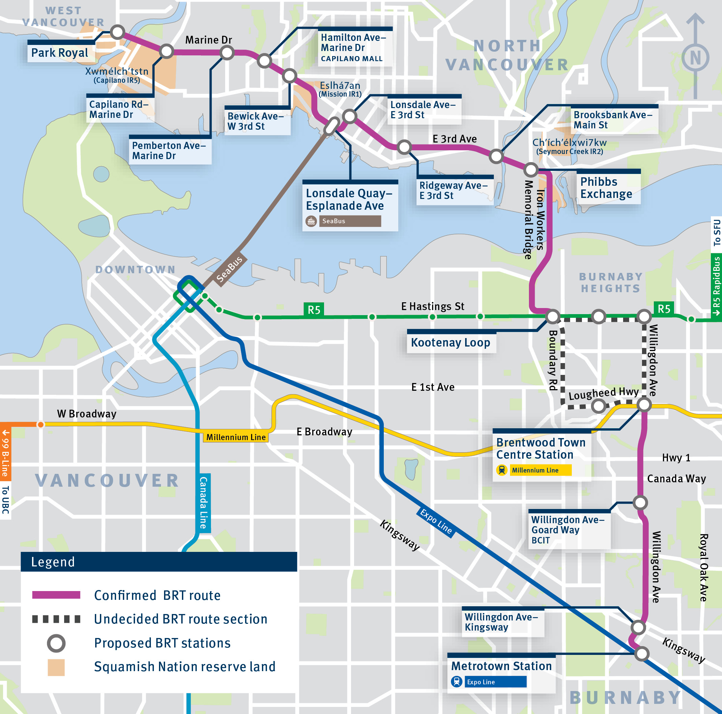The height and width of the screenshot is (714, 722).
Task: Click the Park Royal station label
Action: pos(60,53)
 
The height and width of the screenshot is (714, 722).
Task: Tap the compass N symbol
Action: pos(695,58)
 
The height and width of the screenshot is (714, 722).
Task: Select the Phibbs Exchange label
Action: pos(606,188)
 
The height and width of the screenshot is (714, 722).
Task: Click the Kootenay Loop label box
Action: pos(451,342)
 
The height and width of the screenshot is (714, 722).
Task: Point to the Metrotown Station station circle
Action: pos(642,654)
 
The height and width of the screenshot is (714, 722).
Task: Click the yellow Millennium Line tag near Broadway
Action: pos(236,437)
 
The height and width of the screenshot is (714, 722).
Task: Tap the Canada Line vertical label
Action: pos(203,503)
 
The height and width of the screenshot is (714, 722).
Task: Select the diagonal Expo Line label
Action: pos(436,521)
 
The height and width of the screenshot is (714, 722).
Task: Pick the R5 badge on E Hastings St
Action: pos(314,310)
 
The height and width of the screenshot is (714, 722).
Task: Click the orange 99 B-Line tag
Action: pos(5,453)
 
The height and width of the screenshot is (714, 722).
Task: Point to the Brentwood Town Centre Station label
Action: pos(540,449)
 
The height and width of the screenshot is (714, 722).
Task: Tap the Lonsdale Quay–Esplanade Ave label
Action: pos(349,199)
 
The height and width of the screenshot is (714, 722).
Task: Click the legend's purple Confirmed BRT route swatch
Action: pos(56,595)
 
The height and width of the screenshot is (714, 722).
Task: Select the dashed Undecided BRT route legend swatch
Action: pos(56,619)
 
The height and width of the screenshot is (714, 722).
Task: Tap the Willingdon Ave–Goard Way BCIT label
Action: pos(567,530)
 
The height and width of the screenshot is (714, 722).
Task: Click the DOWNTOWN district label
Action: pos(135,270)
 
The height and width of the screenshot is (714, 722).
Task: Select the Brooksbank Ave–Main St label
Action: pos(613,120)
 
